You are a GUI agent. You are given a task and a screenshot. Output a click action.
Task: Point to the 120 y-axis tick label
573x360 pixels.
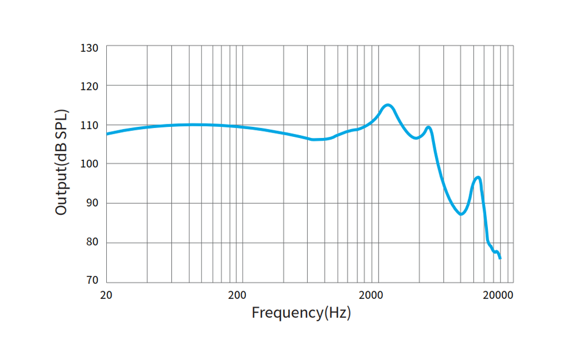(90, 86)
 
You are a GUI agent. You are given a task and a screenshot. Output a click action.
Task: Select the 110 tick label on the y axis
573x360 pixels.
(90, 125)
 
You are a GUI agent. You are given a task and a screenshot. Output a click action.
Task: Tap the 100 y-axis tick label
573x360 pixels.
(90, 164)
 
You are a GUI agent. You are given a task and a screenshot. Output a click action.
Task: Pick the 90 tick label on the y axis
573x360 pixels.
(92, 203)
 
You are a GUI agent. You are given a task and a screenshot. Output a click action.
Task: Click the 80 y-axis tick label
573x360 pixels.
(92, 242)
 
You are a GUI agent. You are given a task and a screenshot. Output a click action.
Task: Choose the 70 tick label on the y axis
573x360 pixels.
(92, 281)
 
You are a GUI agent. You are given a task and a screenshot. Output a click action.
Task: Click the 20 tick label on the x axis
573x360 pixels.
(106, 294)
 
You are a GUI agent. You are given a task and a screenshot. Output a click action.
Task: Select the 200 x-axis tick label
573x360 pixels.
(237, 294)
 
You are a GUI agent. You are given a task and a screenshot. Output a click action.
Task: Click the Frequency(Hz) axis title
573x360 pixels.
(301, 312)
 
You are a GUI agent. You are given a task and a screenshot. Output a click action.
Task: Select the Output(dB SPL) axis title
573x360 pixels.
(62, 162)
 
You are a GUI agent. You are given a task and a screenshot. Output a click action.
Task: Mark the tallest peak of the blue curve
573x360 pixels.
(387, 105)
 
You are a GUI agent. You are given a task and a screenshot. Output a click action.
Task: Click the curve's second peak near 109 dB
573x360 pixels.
(429, 127)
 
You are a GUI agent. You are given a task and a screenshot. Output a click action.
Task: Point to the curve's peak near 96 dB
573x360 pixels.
(478, 177)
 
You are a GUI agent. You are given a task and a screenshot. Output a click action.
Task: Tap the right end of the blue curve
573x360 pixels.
(500, 258)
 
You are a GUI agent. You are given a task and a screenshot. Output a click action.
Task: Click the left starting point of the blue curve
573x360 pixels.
(107, 134)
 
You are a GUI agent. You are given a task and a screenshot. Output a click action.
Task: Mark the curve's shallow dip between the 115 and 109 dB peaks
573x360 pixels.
(416, 138)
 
